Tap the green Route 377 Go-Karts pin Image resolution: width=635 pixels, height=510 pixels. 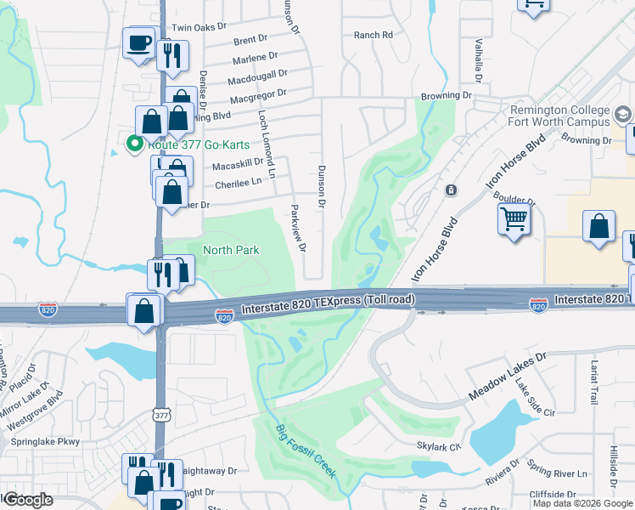pos(132,144)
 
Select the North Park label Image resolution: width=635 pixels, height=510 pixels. pos(231,250)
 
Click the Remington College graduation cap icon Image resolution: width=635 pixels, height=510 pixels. pos(622,115)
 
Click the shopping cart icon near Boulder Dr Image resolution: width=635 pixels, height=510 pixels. pos(514,219)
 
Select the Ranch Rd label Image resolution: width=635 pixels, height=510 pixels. pos(374,35)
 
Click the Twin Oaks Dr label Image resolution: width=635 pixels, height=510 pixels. pos(200,27)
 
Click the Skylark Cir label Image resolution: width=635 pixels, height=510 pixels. pos(438,445)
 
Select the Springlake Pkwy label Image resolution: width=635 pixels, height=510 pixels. pos(43,442)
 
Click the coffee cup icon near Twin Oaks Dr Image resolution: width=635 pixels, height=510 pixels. pos(138,42)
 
